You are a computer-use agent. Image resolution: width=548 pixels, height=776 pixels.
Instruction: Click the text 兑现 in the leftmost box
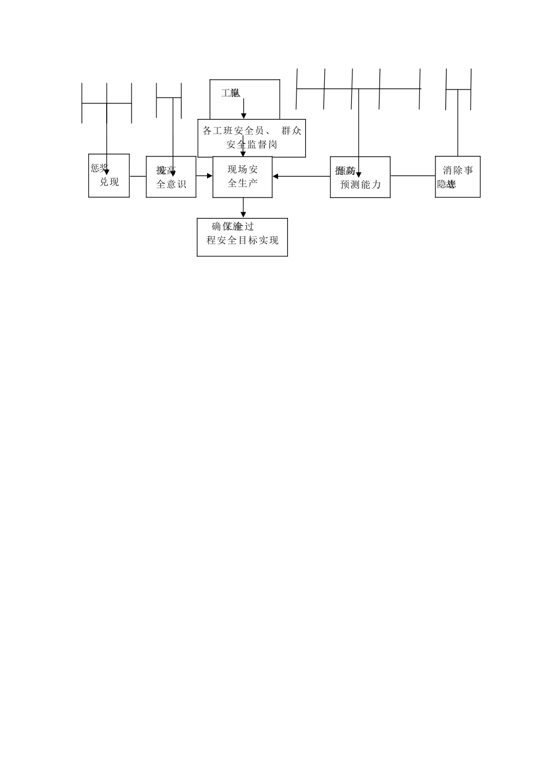109,182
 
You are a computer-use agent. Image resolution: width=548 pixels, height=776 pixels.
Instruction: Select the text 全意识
171,185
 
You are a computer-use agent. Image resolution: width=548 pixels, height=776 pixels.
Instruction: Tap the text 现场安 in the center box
243,170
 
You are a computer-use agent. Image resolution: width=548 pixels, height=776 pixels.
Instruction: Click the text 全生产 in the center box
243,183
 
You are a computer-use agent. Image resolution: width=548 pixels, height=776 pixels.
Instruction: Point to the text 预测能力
361,185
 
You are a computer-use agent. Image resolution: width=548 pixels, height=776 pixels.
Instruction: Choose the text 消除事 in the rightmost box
458,170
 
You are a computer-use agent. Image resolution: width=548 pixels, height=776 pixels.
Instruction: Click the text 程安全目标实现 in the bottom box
242,240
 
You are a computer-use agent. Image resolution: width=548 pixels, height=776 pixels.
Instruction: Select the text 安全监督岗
252,144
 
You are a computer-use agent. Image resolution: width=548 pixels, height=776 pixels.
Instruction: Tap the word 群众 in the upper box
291,130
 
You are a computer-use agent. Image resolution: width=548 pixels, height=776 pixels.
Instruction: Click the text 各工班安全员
233,130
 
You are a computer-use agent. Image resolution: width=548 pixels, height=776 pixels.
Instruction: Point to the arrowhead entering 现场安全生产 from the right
276,176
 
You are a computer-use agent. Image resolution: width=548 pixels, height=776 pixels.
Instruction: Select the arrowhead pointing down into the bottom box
243,215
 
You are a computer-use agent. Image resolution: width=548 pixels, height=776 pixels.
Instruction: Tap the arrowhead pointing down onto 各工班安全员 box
243,116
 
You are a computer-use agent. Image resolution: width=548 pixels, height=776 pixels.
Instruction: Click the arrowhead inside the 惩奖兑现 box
107,171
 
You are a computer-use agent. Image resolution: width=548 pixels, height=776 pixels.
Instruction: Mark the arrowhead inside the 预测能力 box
359,175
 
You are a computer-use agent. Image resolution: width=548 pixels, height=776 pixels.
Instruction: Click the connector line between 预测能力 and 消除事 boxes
412,176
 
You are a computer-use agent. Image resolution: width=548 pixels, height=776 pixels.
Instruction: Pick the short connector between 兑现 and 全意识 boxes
138,176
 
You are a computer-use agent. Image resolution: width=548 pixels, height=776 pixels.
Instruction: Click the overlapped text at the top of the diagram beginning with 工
231,93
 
